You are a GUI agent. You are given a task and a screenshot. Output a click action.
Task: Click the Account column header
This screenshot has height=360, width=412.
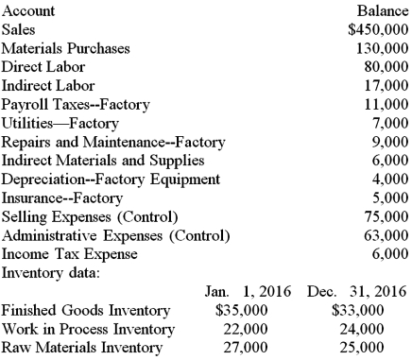click(28, 11)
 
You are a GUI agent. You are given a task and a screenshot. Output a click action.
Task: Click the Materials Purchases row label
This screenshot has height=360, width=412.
click(67, 48)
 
